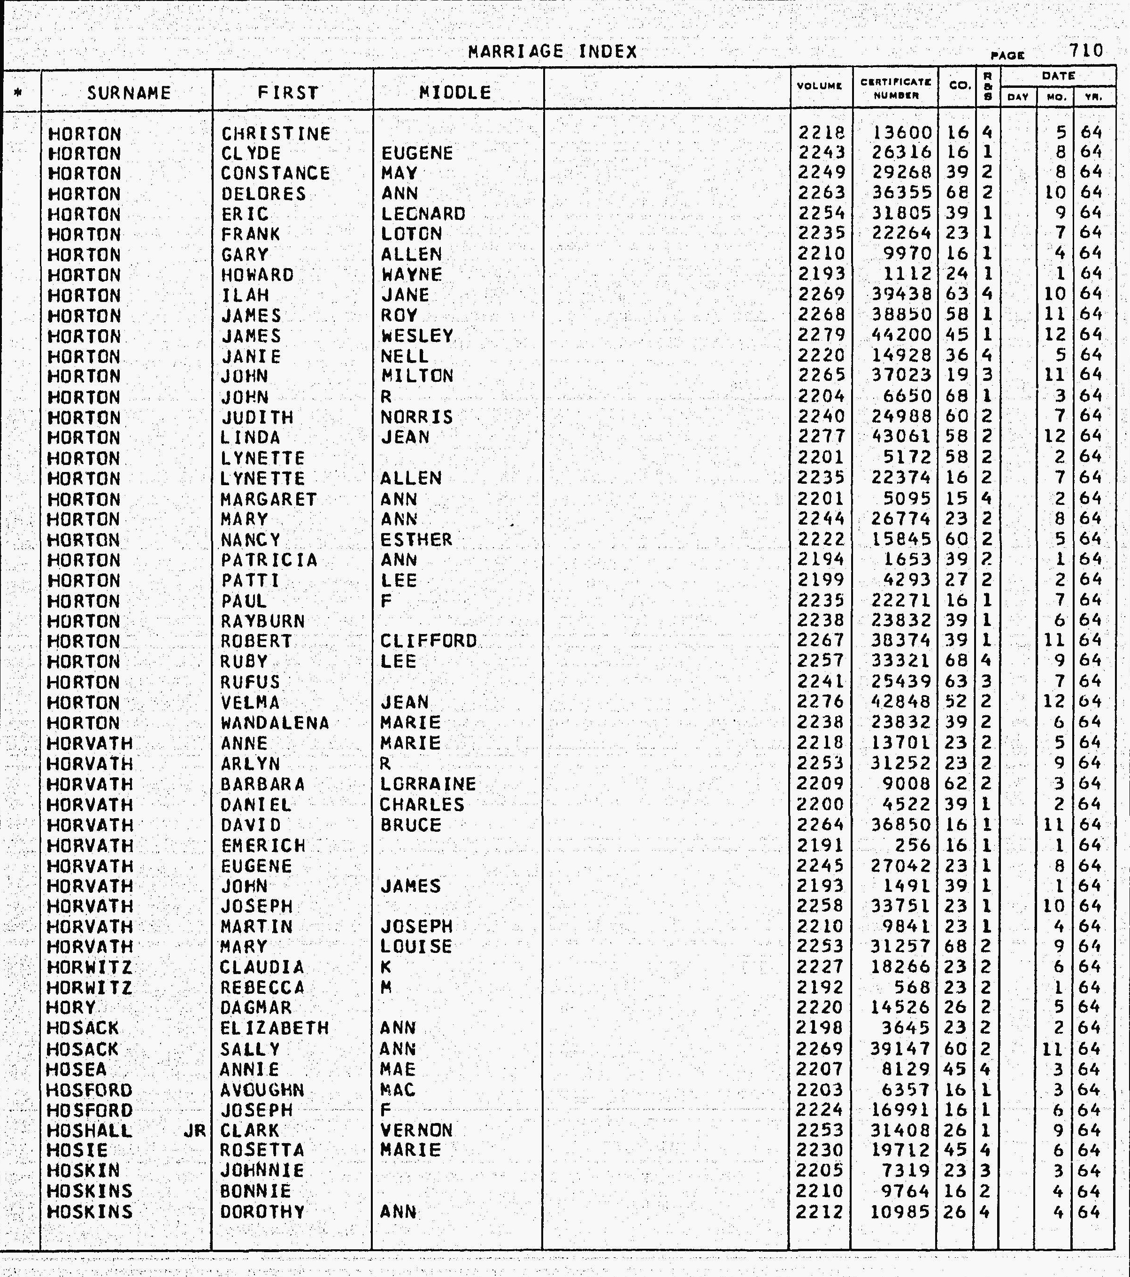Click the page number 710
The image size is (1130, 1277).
pyautogui.click(x=1086, y=51)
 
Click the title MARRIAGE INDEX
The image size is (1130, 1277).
pyautogui.click(x=553, y=51)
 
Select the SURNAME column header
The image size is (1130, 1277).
pyautogui.click(x=129, y=93)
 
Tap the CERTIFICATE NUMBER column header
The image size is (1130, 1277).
pyautogui.click(x=896, y=89)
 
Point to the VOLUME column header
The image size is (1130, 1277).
pyautogui.click(x=820, y=86)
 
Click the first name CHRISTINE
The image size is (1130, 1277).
pyautogui.click(x=276, y=134)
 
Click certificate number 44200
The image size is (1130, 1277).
pyautogui.click(x=900, y=335)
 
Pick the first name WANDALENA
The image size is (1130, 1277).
pyautogui.click(x=275, y=723)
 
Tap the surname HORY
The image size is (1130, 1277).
pyautogui.click(x=71, y=1008)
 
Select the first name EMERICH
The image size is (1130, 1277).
pyautogui.click(x=263, y=845)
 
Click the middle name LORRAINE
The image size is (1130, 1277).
pyautogui.click(x=428, y=784)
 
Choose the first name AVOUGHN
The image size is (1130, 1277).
pyautogui.click(x=262, y=1090)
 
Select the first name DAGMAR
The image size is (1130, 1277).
pyautogui.click(x=256, y=1008)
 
